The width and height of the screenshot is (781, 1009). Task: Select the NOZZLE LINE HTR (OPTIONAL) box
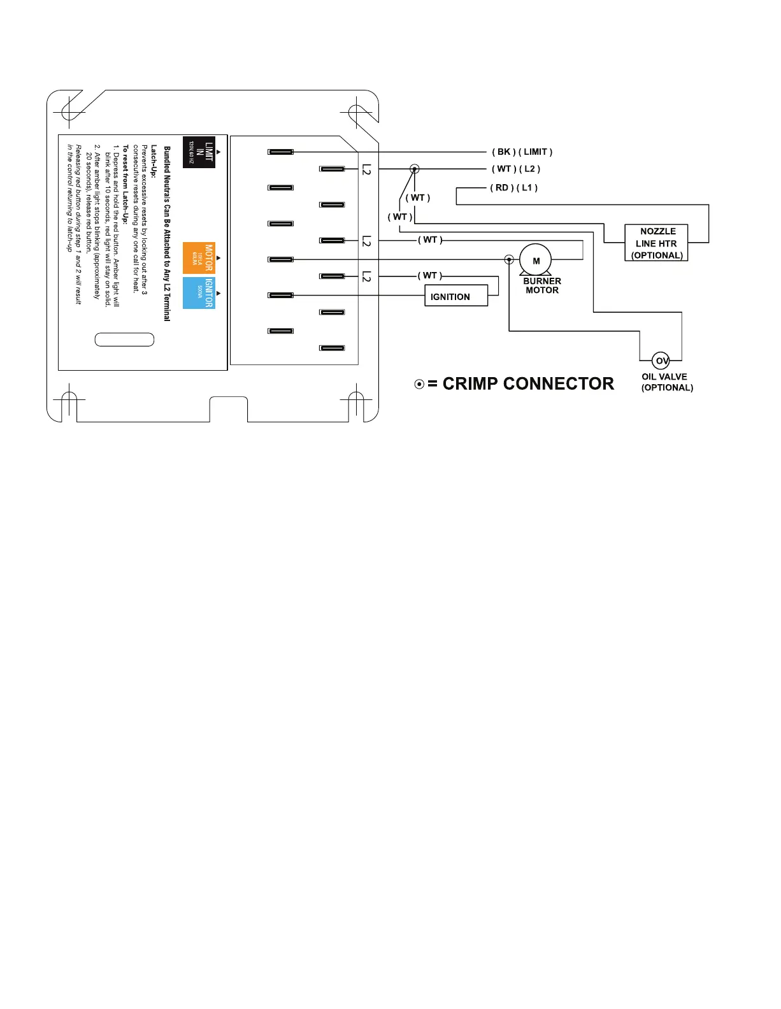tap(656, 243)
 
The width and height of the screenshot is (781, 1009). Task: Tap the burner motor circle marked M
tap(536, 260)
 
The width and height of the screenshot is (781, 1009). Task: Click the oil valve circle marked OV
tap(661, 361)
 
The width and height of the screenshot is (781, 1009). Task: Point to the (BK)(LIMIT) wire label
tap(522, 152)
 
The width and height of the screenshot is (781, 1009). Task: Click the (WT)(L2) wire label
tap(515, 169)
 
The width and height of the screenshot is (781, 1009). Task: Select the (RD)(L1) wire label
tap(513, 187)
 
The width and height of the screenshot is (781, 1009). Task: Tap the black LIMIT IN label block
tap(199, 152)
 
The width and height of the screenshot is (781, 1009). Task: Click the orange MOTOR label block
tap(199, 257)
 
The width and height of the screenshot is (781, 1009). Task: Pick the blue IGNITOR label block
tap(199, 293)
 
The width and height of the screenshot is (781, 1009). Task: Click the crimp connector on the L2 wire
tap(414, 169)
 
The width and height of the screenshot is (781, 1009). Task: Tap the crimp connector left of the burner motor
tap(509, 259)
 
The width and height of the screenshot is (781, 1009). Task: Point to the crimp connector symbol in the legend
tap(419, 384)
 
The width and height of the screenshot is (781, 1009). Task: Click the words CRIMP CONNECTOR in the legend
tap(528, 383)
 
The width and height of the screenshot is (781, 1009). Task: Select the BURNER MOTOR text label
tap(542, 285)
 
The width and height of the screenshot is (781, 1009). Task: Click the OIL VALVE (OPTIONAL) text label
tap(666, 382)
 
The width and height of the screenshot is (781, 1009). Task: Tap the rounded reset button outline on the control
tap(124, 340)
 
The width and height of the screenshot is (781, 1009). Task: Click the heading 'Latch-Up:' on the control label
tap(154, 161)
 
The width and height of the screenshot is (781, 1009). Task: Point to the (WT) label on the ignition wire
tap(430, 275)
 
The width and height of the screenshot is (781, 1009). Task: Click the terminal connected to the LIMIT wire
tap(280, 152)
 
